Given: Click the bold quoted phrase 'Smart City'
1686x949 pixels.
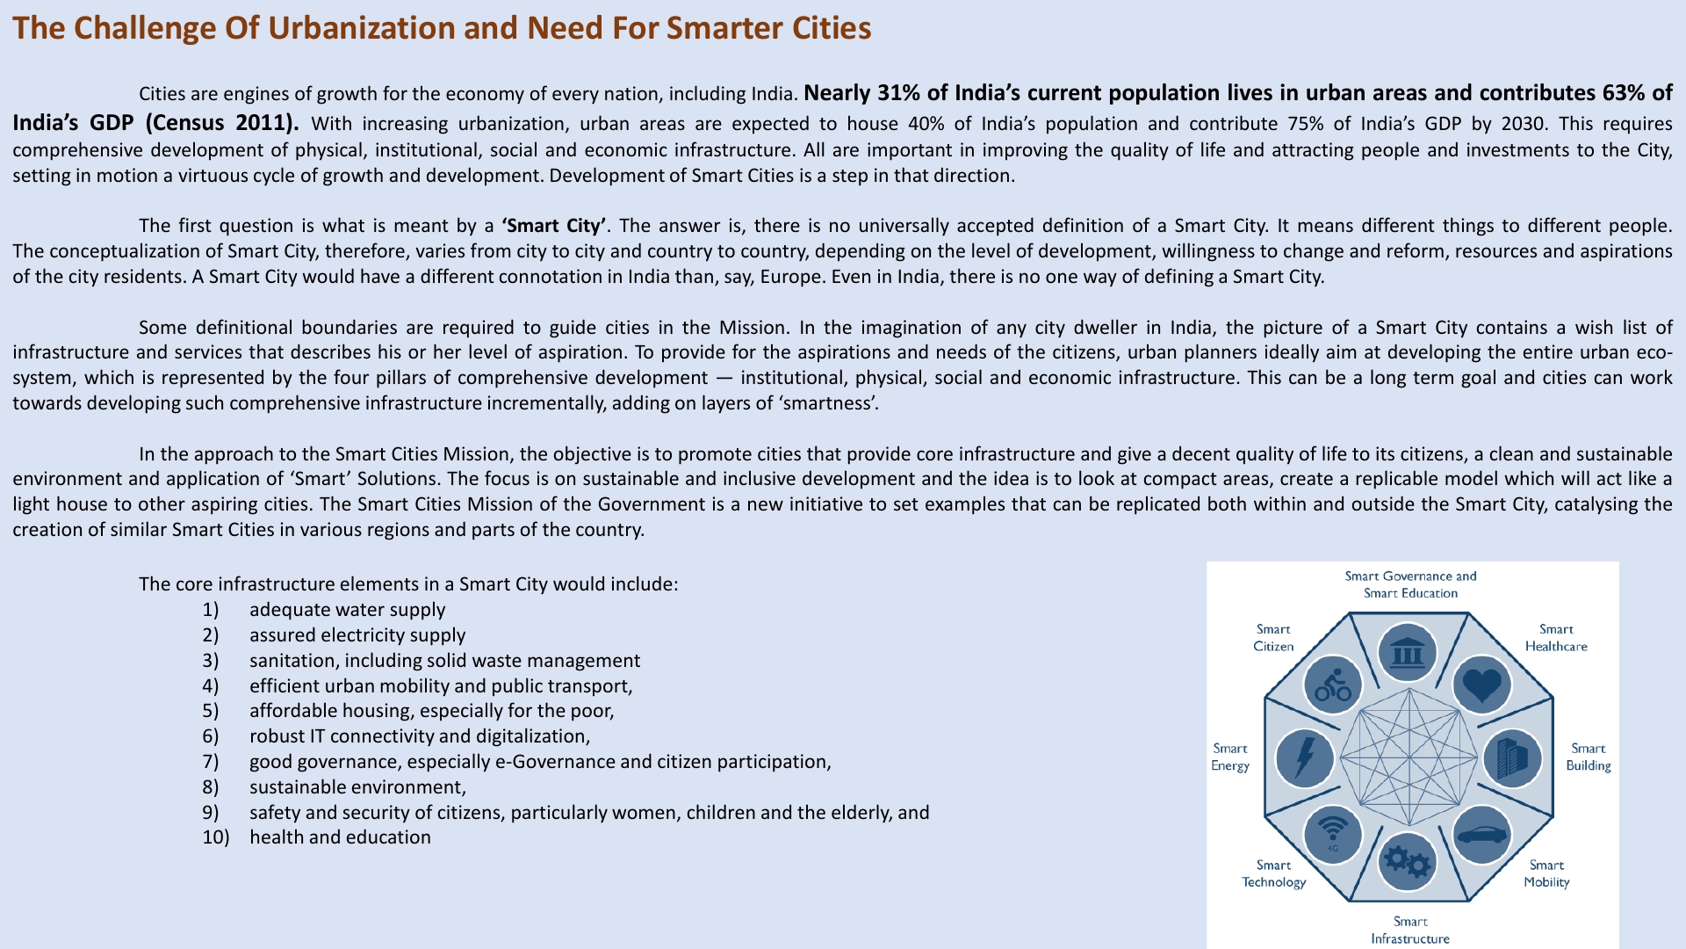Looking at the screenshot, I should pyautogui.click(x=553, y=226).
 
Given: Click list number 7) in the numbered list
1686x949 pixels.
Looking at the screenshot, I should pyautogui.click(x=211, y=762).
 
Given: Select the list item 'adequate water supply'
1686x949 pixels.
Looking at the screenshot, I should pyautogui.click(x=347, y=610).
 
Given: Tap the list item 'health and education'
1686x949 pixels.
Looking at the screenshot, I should pyautogui.click(x=340, y=837).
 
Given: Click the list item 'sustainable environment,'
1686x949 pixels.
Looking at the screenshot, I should pyautogui.click(x=357, y=787).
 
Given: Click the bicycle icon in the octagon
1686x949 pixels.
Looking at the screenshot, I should pyautogui.click(x=1333, y=685).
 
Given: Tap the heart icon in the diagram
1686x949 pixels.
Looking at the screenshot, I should pyautogui.click(x=1482, y=685).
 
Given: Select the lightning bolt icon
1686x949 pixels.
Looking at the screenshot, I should pyautogui.click(x=1305, y=757).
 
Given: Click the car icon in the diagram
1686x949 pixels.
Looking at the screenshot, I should pyautogui.click(x=1482, y=834).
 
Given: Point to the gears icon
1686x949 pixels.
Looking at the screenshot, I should pyautogui.click(x=1407, y=862).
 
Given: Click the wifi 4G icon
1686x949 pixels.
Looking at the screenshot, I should pyautogui.click(x=1333, y=834).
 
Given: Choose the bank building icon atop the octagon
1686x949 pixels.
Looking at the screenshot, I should pyautogui.click(x=1408, y=653).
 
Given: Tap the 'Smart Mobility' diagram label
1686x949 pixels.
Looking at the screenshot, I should pyautogui.click(x=1546, y=873).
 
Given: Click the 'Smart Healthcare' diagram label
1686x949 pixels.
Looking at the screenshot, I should pyautogui.click(x=1556, y=638).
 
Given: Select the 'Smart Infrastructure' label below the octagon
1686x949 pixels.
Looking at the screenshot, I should pyautogui.click(x=1410, y=930).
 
